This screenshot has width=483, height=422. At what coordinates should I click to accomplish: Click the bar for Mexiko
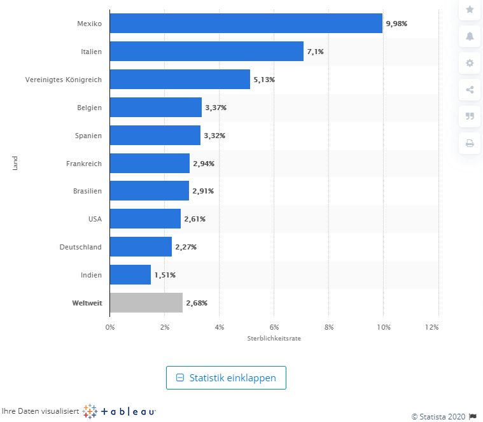(x=246, y=24)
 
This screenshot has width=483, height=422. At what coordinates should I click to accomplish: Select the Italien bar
(x=206, y=52)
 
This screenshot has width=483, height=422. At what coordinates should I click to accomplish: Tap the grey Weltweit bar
(x=146, y=303)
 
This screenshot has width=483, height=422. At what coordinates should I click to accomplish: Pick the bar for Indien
(x=130, y=275)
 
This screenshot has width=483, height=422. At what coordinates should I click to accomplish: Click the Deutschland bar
(x=141, y=247)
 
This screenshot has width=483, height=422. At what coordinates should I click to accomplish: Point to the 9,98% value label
(x=396, y=24)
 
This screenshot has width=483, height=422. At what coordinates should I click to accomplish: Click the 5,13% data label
(x=263, y=80)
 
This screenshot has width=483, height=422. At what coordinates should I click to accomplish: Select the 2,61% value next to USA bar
(x=195, y=219)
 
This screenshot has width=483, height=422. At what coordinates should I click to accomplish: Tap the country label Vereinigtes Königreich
(x=63, y=80)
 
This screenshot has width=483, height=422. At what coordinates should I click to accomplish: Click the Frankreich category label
(x=83, y=164)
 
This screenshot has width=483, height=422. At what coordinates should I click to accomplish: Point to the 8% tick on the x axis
(x=328, y=327)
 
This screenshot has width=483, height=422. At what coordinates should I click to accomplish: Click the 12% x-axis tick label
(x=432, y=327)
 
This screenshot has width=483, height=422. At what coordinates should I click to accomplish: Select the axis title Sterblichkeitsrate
(x=274, y=339)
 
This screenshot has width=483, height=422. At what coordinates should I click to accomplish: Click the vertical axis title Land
(x=14, y=163)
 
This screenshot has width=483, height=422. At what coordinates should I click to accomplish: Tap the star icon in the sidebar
(x=470, y=10)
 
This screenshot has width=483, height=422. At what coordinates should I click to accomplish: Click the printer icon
(x=470, y=143)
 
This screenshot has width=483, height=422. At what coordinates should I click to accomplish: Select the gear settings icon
(x=470, y=63)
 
